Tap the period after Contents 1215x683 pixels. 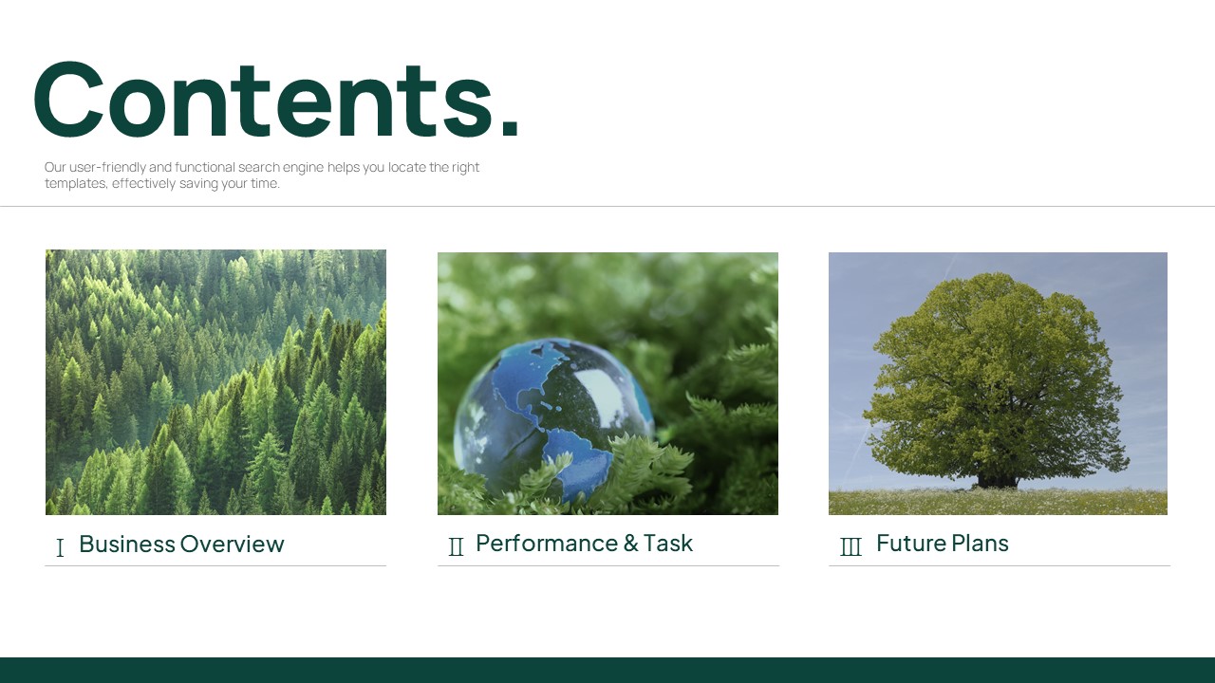[x=510, y=125]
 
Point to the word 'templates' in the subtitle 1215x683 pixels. [x=76, y=184]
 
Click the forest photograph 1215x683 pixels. [x=215, y=382]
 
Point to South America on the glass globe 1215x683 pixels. [x=578, y=461]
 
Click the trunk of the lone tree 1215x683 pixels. [x=997, y=481]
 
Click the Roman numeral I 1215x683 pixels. [x=60, y=547]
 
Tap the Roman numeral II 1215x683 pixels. [x=457, y=546]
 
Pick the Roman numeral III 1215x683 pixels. [x=850, y=546]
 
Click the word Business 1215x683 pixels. [x=127, y=544]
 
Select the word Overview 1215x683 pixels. [x=233, y=545]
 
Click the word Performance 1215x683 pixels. [x=547, y=544]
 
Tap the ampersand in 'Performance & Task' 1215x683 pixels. [x=631, y=544]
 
